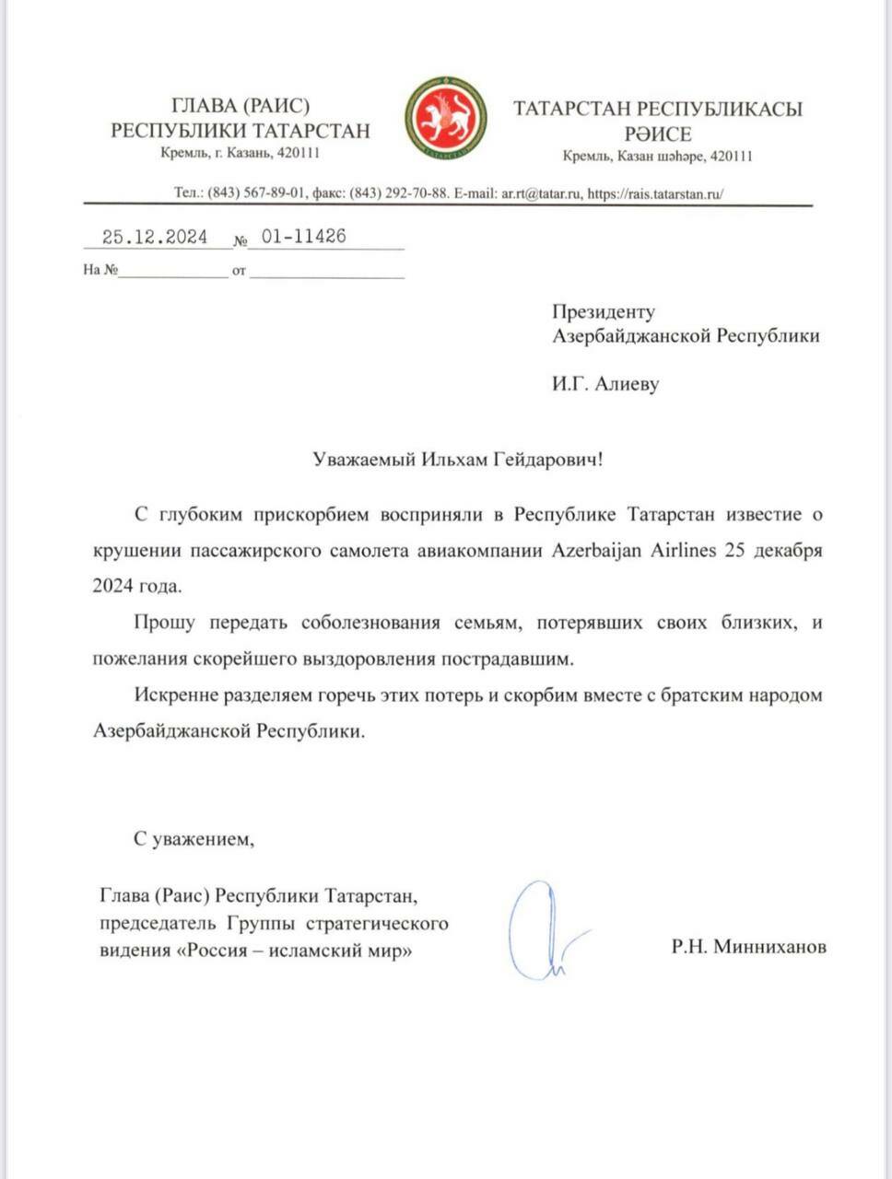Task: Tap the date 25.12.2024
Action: [x=155, y=237]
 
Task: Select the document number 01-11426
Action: [x=303, y=237]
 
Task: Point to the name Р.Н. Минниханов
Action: [x=748, y=946]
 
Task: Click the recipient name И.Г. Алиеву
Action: [x=605, y=384]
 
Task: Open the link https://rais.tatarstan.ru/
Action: [x=655, y=193]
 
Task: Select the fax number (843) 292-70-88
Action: [x=399, y=193]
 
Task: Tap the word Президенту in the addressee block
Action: [x=604, y=311]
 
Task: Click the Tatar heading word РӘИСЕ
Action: [x=657, y=134]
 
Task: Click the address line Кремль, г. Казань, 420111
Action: [x=240, y=154]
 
